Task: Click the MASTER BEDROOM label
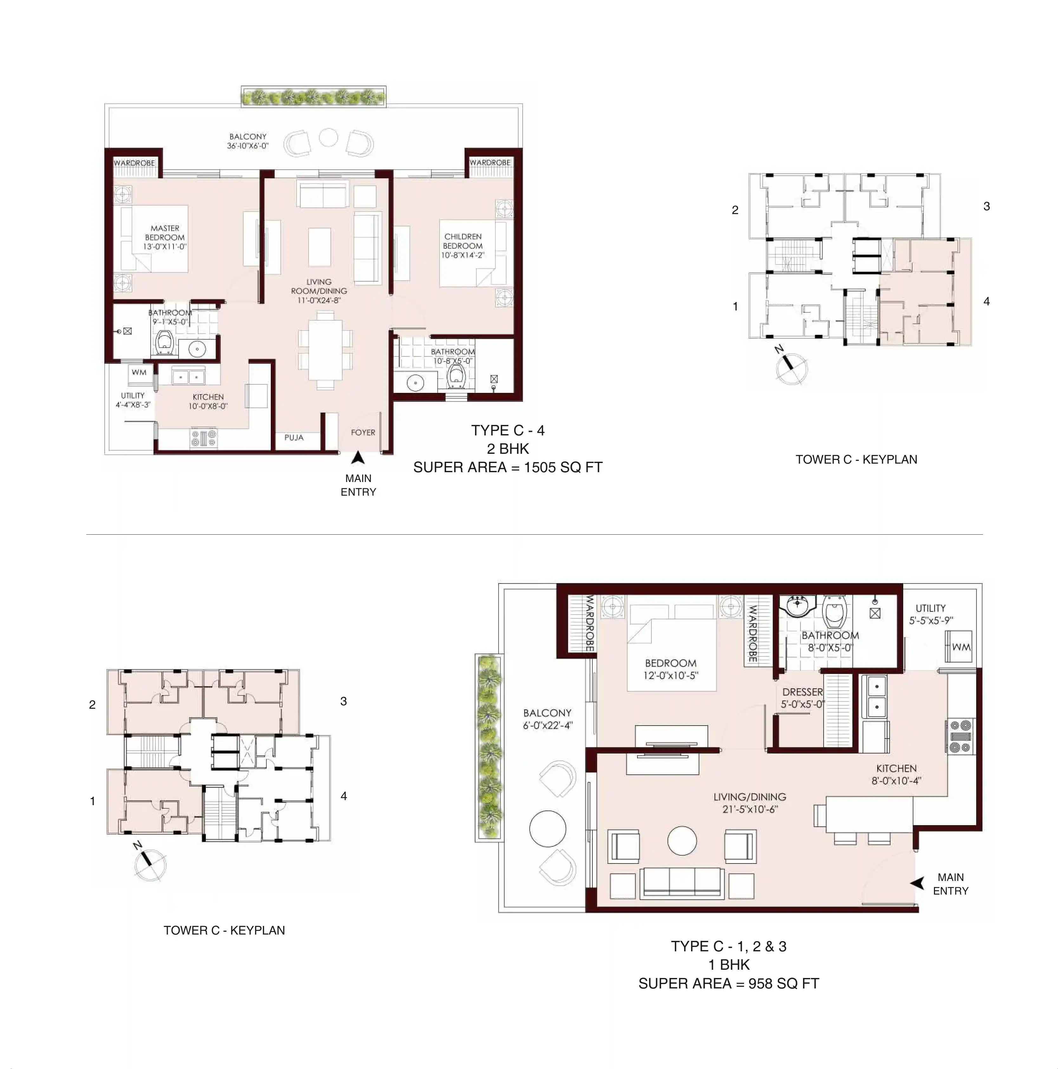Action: tap(165, 237)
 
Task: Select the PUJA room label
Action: tap(294, 437)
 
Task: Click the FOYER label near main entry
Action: tap(363, 432)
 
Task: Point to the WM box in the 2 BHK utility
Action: tap(139, 372)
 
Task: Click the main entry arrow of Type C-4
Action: tap(358, 458)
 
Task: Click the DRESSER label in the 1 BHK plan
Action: tap(802, 692)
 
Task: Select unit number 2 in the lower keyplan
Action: tap(92, 704)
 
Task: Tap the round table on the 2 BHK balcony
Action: tap(328, 137)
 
